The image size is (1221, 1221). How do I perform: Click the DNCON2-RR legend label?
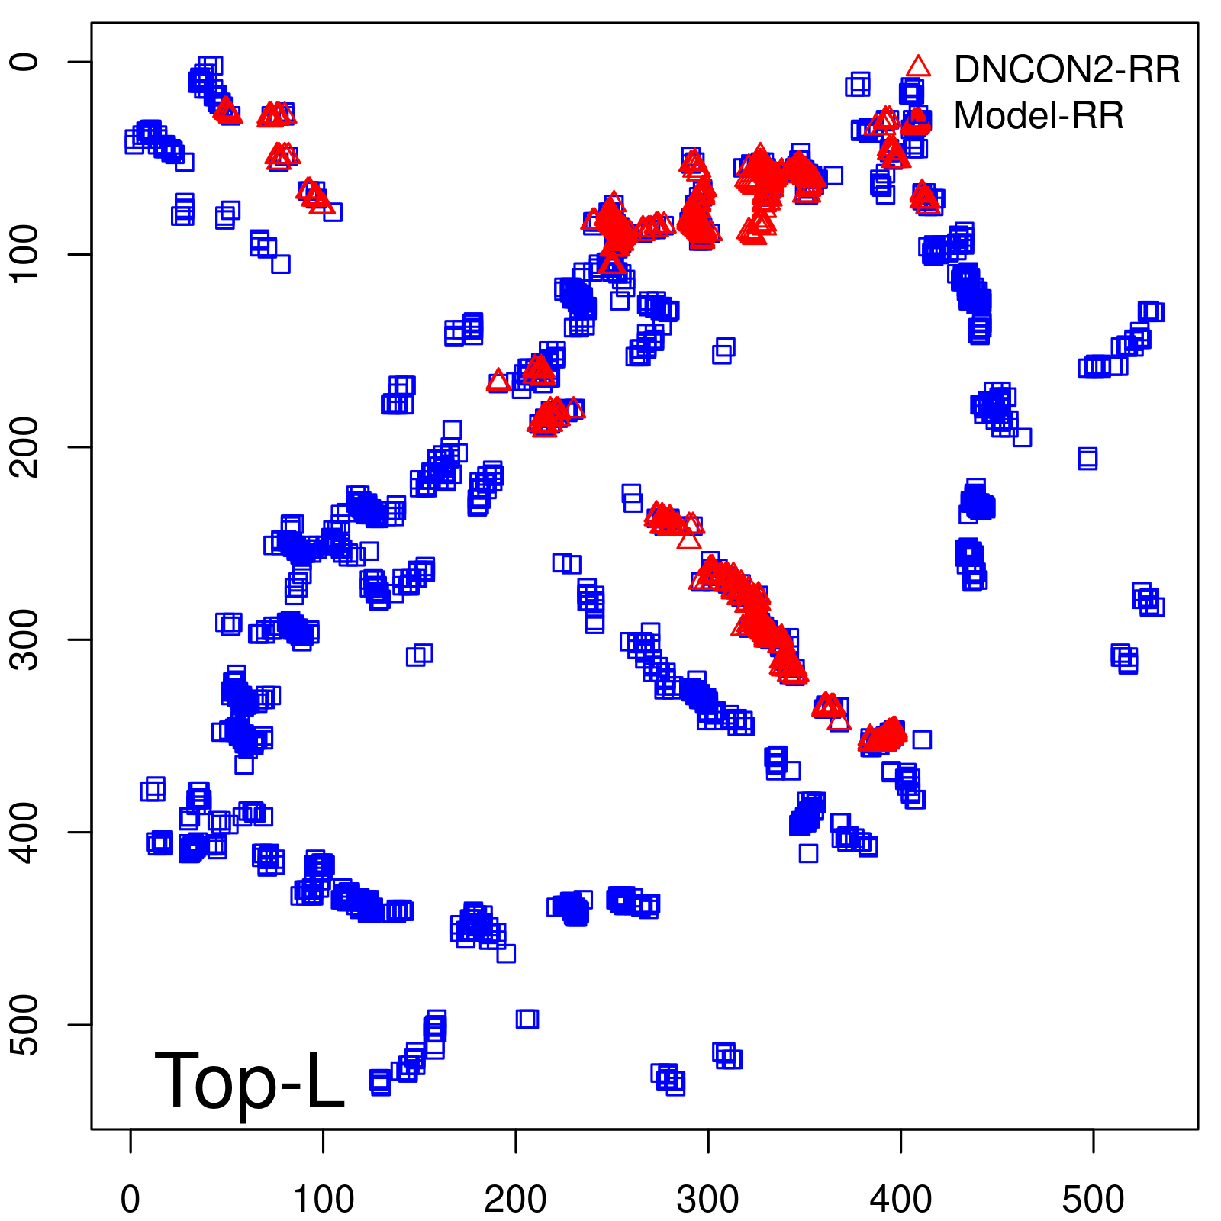(1066, 70)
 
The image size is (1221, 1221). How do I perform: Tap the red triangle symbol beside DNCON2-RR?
(918, 66)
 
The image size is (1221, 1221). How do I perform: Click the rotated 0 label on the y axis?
(27, 62)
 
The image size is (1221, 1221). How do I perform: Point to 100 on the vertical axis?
(27, 254)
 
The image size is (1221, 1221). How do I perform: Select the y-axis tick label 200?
(27, 447)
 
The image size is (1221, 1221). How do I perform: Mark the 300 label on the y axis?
(27, 639)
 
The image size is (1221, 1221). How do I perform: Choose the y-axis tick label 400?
(27, 832)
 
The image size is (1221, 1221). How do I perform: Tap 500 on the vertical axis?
(27, 1024)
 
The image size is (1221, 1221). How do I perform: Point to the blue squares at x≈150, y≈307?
(419, 654)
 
